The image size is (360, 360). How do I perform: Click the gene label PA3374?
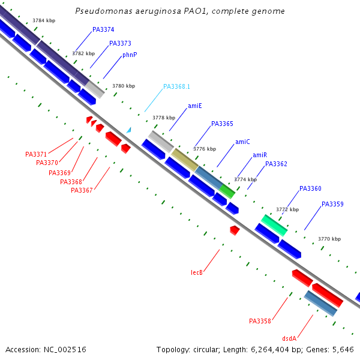coord(103,29)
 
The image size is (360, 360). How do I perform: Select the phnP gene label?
coord(130,55)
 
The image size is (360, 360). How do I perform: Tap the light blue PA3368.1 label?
coord(176,86)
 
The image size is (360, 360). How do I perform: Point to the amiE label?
coord(195,106)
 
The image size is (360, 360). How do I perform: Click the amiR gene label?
coord(260,155)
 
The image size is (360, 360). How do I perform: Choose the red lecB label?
coord(197,272)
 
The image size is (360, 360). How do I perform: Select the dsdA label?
coord(289,338)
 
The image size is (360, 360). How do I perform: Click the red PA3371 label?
coord(36,154)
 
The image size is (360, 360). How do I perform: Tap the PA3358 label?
coord(260,321)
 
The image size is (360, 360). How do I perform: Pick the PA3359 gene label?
coord(332,204)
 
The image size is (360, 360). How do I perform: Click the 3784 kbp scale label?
coord(44,20)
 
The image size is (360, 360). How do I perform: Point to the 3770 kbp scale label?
coord(329,239)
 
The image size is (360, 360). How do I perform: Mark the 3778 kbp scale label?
coord(164,118)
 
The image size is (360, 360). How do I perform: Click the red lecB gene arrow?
coord(235,230)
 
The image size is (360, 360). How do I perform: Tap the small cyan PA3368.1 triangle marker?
coord(128,130)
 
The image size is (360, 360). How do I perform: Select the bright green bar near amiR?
coord(227,191)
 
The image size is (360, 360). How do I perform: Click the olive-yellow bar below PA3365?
coord(185,160)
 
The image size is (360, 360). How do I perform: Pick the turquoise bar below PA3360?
coord(274,225)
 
